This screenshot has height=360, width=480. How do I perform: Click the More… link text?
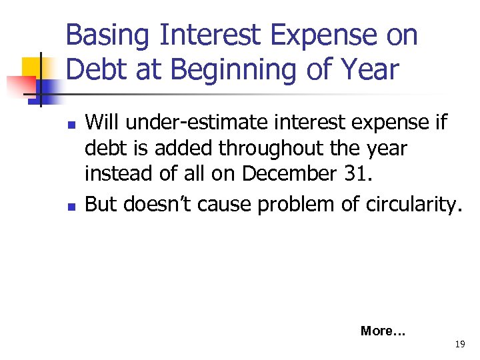tap(383, 331)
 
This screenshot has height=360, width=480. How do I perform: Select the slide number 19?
tap(459, 345)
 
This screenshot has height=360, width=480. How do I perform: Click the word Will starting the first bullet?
tap(101, 123)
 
